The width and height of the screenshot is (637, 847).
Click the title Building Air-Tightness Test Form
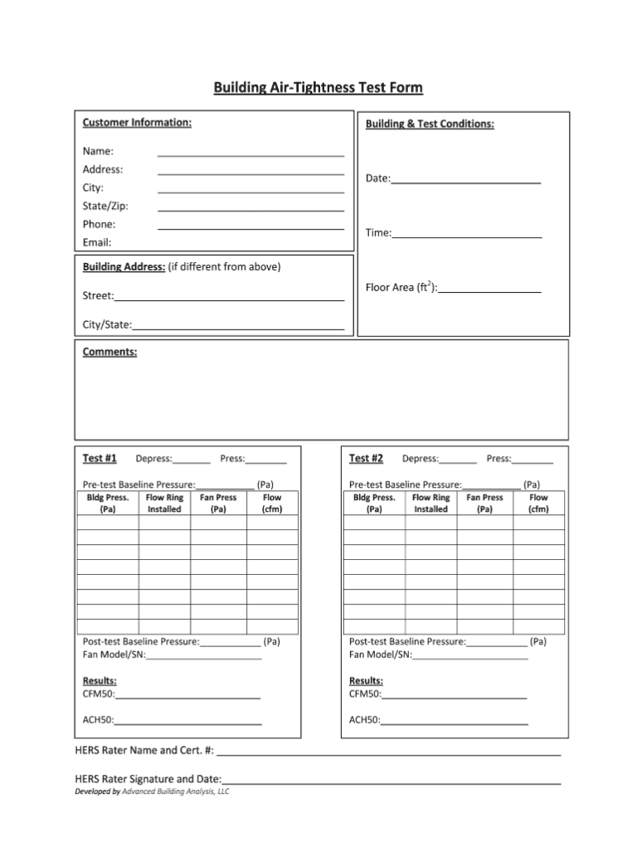(x=318, y=87)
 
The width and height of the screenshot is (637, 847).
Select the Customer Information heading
(x=137, y=123)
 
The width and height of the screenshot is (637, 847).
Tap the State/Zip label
(x=105, y=206)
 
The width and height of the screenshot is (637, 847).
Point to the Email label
(x=97, y=242)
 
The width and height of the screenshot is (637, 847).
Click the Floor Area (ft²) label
(x=401, y=288)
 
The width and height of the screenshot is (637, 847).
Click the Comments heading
(x=109, y=352)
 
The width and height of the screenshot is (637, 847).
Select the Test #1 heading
(x=100, y=458)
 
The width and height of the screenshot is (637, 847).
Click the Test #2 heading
(x=366, y=458)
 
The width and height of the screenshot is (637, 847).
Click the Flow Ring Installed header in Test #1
(x=164, y=504)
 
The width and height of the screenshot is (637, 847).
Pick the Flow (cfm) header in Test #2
(x=538, y=504)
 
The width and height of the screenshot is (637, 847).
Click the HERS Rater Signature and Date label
(x=148, y=779)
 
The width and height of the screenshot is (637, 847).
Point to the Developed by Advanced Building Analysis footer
(x=152, y=791)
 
